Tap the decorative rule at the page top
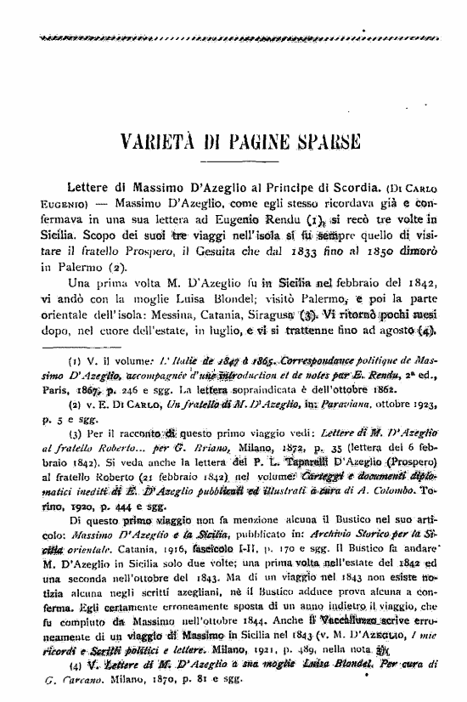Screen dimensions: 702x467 click(233, 38)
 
